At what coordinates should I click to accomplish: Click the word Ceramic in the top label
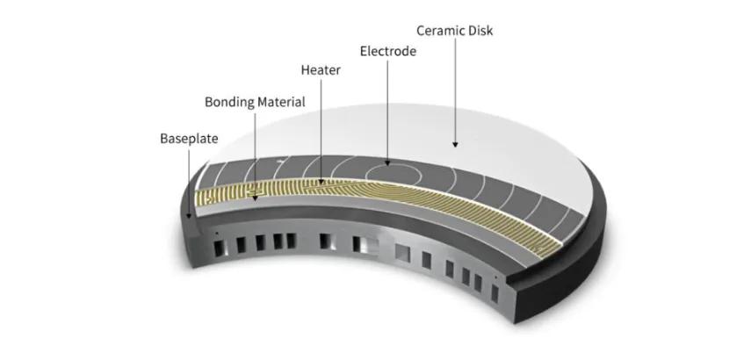click(x=437, y=31)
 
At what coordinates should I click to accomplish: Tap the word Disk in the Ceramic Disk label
click(x=480, y=31)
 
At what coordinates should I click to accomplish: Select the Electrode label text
click(x=387, y=52)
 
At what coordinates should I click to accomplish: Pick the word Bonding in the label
click(x=227, y=102)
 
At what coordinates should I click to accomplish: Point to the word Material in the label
click(x=280, y=102)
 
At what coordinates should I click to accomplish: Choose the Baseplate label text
click(x=188, y=139)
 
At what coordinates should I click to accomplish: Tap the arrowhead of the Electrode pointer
click(x=387, y=164)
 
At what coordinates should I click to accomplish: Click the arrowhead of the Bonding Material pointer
click(x=256, y=198)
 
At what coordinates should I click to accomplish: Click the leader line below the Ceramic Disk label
click(x=455, y=88)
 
